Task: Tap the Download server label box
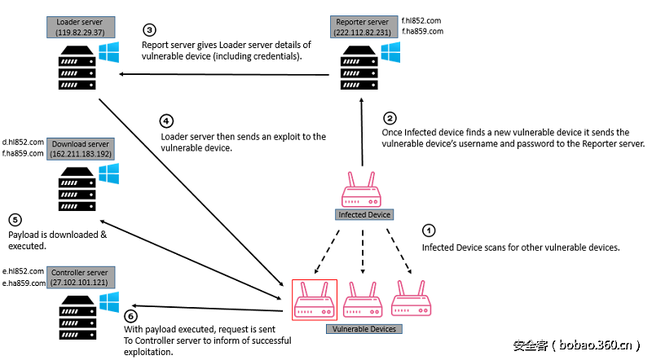tap(81, 147)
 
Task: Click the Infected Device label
tap(364, 215)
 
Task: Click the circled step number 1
tap(431, 230)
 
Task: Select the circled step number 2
tap(390, 118)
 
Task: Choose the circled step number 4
tap(167, 121)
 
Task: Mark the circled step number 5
tap(15, 220)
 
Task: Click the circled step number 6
tap(132, 316)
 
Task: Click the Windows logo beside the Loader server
tap(108, 54)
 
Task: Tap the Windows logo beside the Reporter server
tap(390, 53)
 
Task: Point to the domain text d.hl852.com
tap(23, 142)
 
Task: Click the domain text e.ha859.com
tap(22, 283)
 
